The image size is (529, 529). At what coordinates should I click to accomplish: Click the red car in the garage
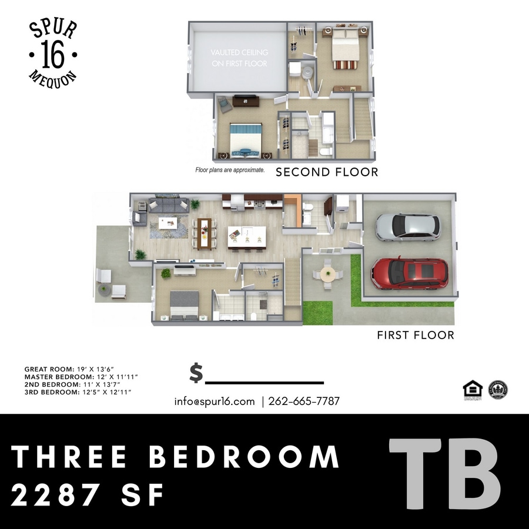(410, 273)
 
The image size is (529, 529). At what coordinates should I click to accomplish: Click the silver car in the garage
(408, 227)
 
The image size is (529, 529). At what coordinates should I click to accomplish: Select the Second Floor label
(327, 172)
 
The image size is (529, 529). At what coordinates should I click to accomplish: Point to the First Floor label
(416, 335)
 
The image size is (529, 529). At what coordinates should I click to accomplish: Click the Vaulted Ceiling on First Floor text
(239, 58)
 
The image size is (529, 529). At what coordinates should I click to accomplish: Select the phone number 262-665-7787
(304, 401)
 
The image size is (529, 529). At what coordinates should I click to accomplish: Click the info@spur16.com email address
(214, 401)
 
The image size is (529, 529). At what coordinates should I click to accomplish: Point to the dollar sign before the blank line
(196, 373)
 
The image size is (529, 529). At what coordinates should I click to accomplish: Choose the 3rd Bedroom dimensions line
(77, 391)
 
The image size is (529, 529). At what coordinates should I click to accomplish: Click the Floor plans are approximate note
(230, 170)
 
